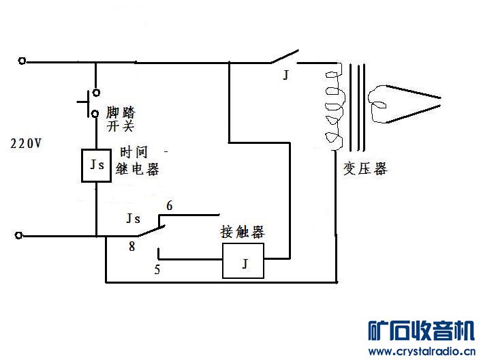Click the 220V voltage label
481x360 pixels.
[x=25, y=144]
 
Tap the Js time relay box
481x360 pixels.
[x=97, y=164]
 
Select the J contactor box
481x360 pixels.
[x=243, y=262]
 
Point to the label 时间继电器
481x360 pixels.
[x=138, y=161]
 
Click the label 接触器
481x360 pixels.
[x=242, y=232]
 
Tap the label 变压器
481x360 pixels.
[x=364, y=168]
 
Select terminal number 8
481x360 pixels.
[x=131, y=247]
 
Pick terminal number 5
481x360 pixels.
[x=157, y=269]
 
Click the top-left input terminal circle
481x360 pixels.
[x=22, y=61]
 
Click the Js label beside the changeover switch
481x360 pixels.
[x=134, y=219]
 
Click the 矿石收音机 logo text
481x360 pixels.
[x=420, y=331]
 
